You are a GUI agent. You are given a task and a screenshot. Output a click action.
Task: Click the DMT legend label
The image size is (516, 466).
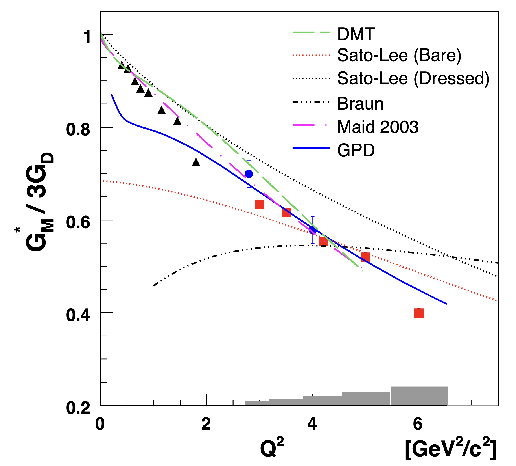pyautogui.click(x=356, y=34)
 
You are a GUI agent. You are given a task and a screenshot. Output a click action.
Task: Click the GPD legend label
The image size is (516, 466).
pyautogui.click(x=356, y=150)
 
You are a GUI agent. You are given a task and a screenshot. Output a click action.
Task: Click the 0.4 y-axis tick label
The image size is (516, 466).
pyautogui.click(x=78, y=315)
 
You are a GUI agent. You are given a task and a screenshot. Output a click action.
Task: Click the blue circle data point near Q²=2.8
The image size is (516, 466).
pyautogui.click(x=249, y=174)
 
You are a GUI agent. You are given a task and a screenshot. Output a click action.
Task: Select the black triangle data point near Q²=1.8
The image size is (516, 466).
pyautogui.click(x=196, y=162)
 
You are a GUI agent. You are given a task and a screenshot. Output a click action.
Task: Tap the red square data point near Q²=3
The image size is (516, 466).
pyautogui.click(x=260, y=204)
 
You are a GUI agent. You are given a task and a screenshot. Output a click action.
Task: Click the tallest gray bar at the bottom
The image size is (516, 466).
pyautogui.click(x=419, y=396)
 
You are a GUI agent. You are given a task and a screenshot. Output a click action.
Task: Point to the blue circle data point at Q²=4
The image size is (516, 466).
pyautogui.click(x=312, y=230)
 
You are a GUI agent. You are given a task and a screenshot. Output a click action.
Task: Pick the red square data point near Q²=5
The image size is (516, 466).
pyautogui.click(x=366, y=257)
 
